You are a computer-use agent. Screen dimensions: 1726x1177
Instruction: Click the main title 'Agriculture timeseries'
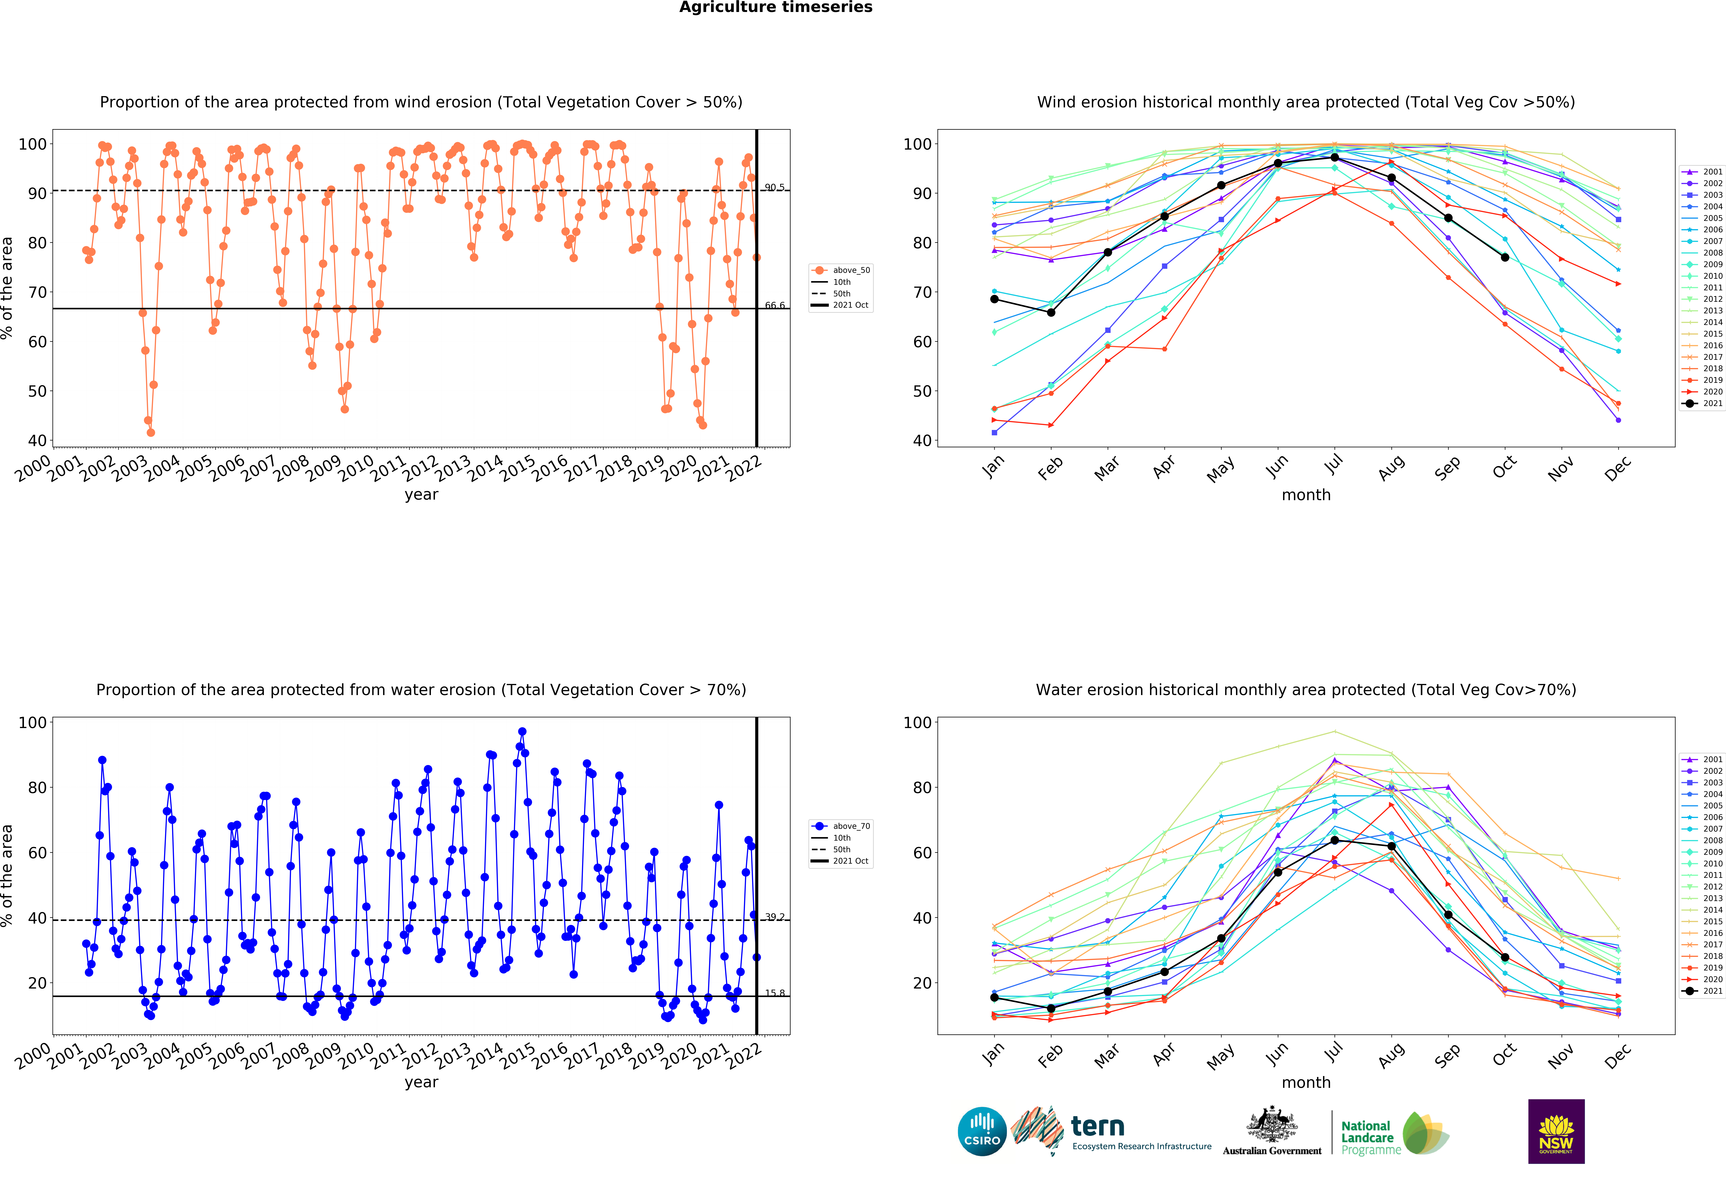tap(775, 7)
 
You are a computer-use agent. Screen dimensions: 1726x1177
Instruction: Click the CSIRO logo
tap(982, 1132)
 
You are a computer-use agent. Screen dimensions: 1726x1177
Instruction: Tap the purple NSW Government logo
tap(1556, 1131)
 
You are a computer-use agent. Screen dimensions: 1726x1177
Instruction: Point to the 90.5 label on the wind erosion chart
tap(775, 187)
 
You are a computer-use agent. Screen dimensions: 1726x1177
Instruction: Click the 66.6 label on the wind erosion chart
tap(775, 305)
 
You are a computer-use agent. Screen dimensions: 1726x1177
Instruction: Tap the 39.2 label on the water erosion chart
tap(775, 917)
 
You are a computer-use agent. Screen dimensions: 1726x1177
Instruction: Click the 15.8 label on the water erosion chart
tap(775, 993)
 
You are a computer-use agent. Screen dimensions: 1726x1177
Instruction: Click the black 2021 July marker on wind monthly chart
tap(1335, 158)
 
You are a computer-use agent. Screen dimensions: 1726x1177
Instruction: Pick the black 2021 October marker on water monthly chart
tap(1505, 958)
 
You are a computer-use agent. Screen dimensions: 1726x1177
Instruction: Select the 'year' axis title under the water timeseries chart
tap(421, 1083)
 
